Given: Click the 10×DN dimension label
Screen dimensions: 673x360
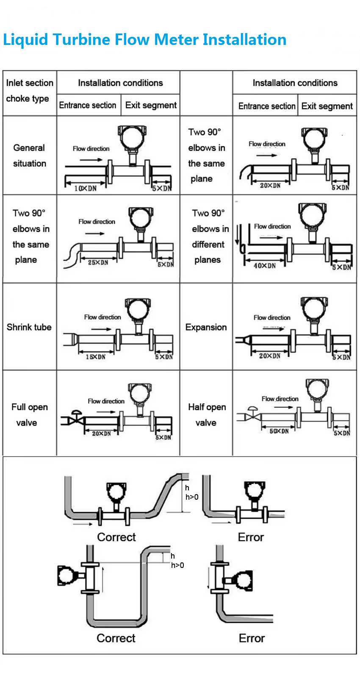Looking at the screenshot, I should [x=86, y=188].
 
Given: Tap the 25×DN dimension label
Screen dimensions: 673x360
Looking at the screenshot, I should [x=98, y=263].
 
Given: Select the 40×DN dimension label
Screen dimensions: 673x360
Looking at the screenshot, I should [x=265, y=266].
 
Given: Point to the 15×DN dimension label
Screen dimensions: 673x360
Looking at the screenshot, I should [x=96, y=357].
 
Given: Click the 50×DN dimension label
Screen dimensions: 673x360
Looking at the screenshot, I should [x=279, y=431].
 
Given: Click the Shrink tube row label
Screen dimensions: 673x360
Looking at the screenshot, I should [x=29, y=327].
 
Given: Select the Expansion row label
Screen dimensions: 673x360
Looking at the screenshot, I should [x=206, y=327].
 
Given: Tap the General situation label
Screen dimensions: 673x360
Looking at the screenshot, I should [x=29, y=156].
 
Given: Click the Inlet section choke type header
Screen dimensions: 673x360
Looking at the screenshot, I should [x=29, y=91].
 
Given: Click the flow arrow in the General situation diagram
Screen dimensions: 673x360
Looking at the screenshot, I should [x=91, y=160].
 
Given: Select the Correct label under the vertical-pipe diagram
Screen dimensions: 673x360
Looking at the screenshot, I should [x=116, y=638].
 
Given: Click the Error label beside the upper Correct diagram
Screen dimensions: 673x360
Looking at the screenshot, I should [x=251, y=537].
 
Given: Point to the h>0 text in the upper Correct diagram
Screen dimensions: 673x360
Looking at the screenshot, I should [x=192, y=497].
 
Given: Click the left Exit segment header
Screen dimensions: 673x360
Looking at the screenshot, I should [x=151, y=105].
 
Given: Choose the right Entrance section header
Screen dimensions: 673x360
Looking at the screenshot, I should [x=266, y=106].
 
